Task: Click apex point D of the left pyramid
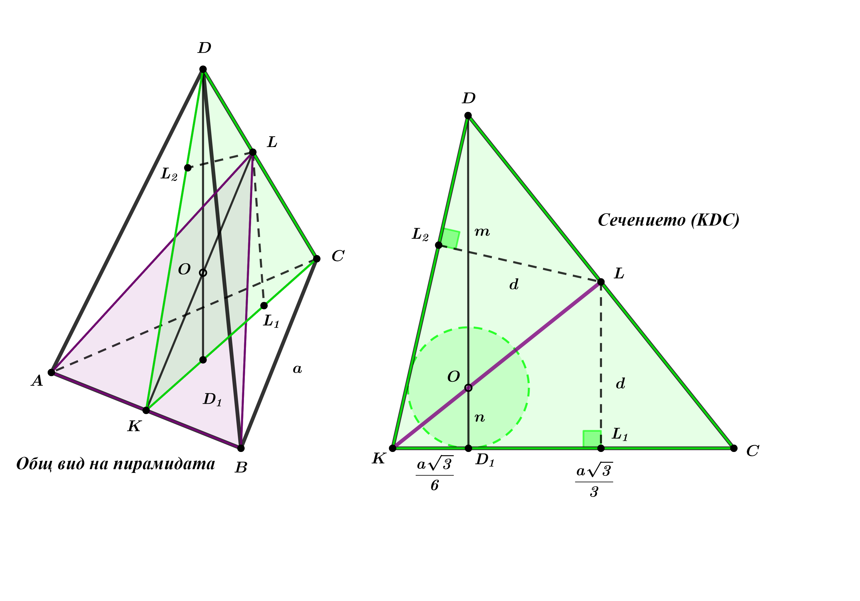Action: [203, 69]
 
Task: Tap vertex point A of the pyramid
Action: [51, 372]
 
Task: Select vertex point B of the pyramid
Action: [241, 448]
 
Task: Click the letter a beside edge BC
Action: [297, 369]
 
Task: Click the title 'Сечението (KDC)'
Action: [669, 220]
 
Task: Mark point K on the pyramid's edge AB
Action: [146, 410]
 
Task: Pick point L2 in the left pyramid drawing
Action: [188, 168]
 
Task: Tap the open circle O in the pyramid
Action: [203, 273]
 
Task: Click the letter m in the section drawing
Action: [482, 232]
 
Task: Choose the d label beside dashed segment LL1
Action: [621, 383]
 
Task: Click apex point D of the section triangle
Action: [468, 115]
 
